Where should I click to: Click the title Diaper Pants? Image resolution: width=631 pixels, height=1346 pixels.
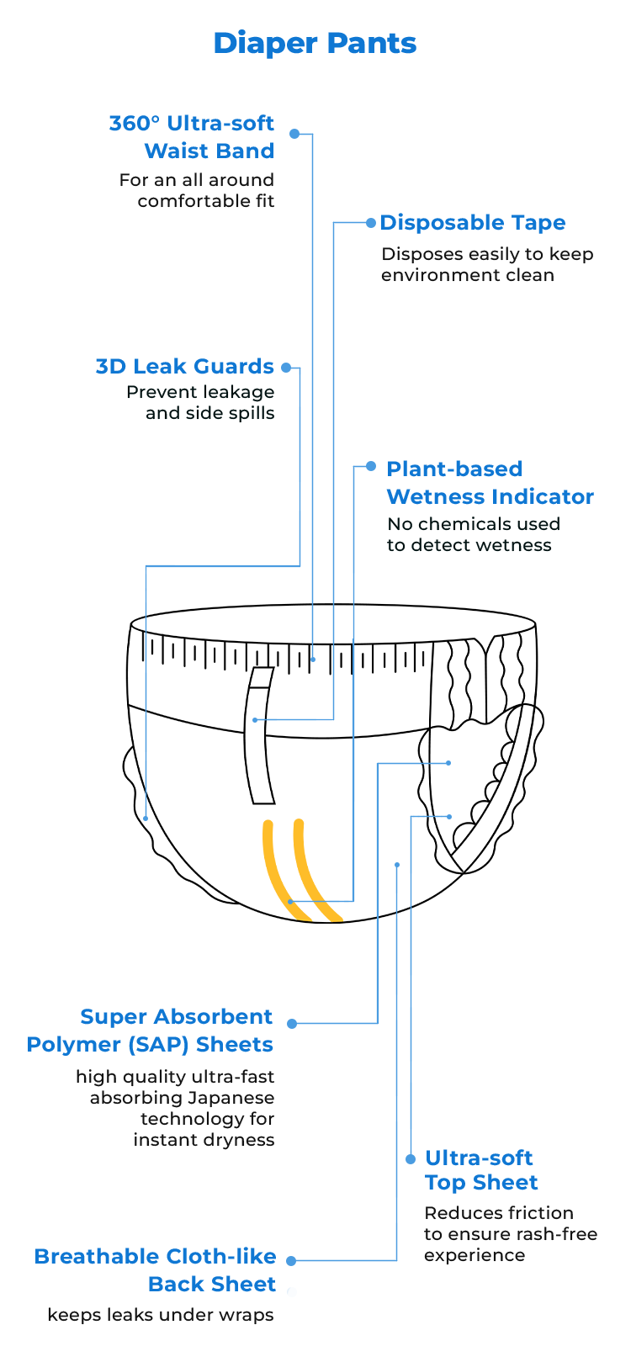pos(315,43)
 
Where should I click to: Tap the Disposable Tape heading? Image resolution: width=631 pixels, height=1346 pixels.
pos(473,223)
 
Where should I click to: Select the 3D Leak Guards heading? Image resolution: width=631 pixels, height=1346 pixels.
pos(185,367)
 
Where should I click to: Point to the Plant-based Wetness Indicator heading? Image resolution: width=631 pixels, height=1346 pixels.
pos(490,483)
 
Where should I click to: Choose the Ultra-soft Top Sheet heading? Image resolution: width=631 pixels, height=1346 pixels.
pos(480,1170)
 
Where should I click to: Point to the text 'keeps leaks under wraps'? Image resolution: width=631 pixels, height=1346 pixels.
pos(160,1315)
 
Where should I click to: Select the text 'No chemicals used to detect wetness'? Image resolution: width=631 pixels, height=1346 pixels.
pos(472,534)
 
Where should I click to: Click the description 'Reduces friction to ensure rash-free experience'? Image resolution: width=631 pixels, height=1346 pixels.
pos(510,1234)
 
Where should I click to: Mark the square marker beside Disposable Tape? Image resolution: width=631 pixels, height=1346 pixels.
pos(371,223)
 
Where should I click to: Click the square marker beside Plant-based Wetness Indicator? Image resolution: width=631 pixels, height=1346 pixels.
pos(371,466)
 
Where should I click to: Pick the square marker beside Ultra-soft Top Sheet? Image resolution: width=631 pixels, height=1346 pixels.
pos(411,1159)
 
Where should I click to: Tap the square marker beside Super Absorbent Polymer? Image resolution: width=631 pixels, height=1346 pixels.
pos(291,1023)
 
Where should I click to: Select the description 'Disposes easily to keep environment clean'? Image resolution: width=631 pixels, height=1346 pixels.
pos(487,265)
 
